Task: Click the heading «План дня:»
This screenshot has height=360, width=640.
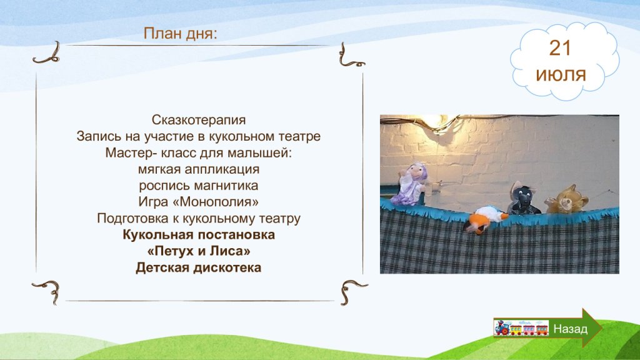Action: click(181, 34)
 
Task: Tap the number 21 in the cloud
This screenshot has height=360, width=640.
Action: click(560, 49)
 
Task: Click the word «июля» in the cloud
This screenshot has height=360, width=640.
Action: click(561, 75)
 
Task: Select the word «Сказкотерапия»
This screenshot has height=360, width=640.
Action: click(199, 120)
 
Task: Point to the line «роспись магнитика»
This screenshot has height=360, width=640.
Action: click(198, 186)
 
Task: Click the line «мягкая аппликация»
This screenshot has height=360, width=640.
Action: click(199, 169)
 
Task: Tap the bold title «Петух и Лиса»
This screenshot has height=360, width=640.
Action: click(199, 251)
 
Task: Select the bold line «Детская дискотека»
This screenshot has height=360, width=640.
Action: click(198, 267)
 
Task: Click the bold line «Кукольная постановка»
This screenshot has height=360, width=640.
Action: click(199, 235)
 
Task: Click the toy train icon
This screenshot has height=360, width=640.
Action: click(521, 327)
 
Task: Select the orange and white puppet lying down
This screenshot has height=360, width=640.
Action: click(485, 219)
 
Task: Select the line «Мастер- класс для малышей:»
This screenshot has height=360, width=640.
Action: click(199, 153)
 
